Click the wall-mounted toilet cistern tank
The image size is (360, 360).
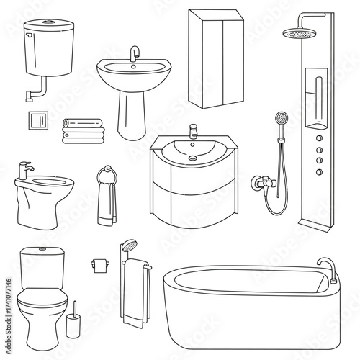click(x=49, y=47)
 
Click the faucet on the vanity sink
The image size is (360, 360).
click(x=193, y=132)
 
